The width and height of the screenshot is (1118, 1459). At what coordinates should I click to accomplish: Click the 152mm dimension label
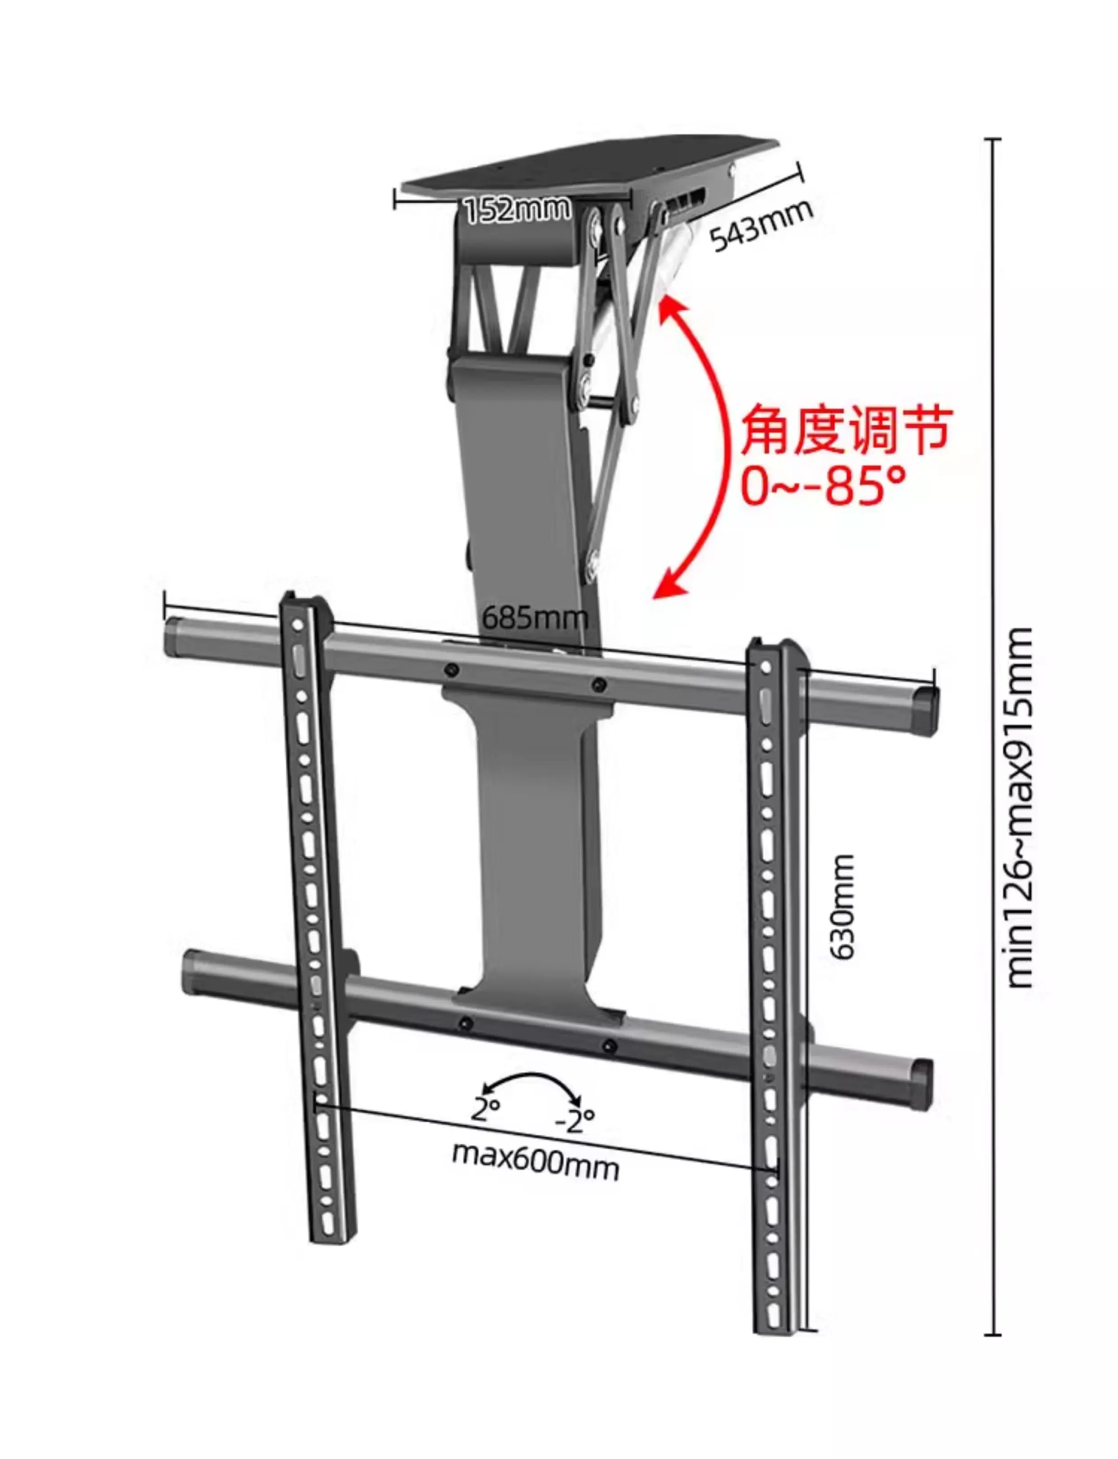[x=517, y=209]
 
